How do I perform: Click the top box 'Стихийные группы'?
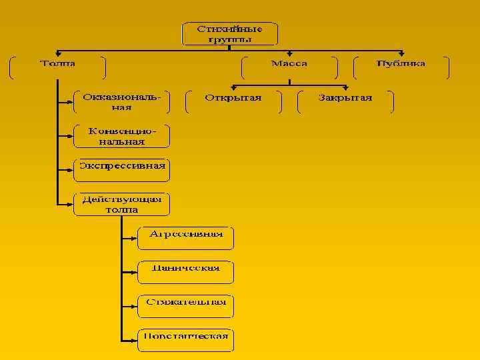point(229,34)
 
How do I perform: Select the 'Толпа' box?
point(58,67)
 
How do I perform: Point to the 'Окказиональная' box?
point(121,102)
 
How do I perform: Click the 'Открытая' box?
point(233,101)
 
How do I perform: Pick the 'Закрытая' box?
point(345,101)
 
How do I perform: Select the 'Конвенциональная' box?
point(121,136)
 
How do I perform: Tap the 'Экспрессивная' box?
point(121,169)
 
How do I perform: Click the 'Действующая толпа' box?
point(121,204)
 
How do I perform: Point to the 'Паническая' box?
point(186,271)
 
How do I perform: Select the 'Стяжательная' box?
point(186,305)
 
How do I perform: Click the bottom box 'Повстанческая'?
point(186,339)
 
